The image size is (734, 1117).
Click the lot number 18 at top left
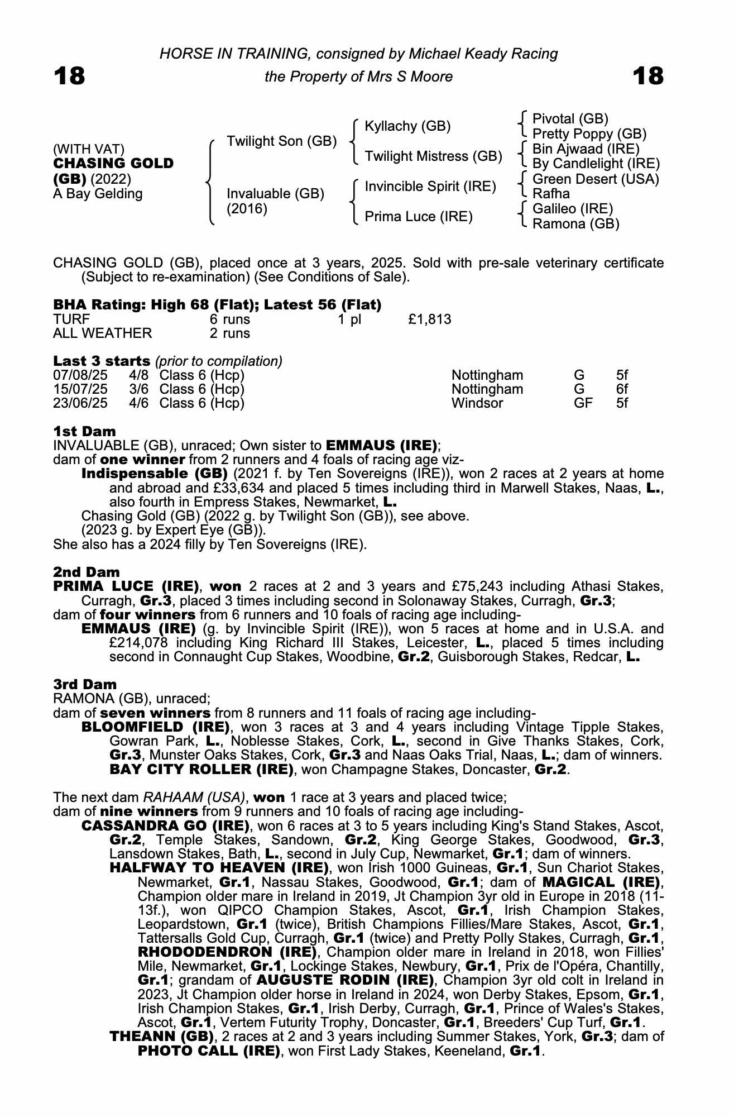point(69,76)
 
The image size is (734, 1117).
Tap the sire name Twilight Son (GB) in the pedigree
point(281,141)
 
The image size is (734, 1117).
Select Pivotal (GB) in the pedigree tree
point(570,119)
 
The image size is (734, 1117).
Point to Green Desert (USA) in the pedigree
point(596,179)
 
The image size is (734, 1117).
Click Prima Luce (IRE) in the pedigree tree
point(419,216)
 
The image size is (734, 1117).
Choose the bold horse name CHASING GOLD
point(113,164)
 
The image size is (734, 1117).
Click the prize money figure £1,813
point(430,319)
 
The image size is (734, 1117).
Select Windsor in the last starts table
point(477,403)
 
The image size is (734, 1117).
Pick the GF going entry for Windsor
point(583,403)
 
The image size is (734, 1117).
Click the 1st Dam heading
point(85,431)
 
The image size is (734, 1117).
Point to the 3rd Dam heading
point(85,684)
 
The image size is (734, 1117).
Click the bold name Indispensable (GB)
point(155,474)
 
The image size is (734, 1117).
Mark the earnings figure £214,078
point(137,642)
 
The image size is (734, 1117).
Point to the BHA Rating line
point(218,305)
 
